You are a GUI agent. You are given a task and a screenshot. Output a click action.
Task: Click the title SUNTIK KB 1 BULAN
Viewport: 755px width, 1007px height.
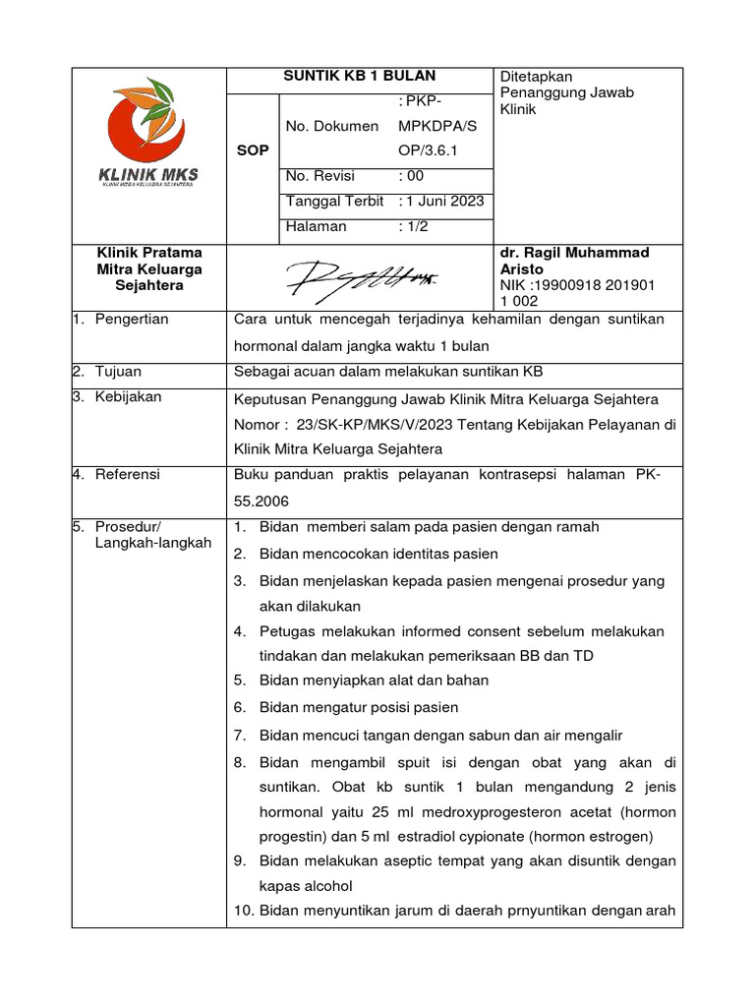click(x=359, y=77)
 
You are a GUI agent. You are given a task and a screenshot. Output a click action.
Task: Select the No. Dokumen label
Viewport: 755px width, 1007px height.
click(x=331, y=126)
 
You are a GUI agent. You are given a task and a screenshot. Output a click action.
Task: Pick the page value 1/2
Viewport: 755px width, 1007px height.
click(x=414, y=226)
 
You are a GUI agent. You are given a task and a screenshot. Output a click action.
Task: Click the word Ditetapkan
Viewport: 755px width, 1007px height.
click(x=538, y=77)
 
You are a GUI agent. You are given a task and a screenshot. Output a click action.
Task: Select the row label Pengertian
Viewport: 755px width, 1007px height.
click(x=132, y=320)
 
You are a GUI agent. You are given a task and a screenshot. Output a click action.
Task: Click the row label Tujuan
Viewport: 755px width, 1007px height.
click(x=118, y=371)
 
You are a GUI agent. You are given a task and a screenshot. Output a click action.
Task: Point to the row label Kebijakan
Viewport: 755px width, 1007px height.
click(x=128, y=397)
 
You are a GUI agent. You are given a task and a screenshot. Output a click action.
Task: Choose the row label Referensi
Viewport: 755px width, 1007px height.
click(x=127, y=475)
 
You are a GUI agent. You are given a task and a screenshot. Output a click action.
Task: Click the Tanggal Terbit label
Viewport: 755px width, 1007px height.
click(x=334, y=201)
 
